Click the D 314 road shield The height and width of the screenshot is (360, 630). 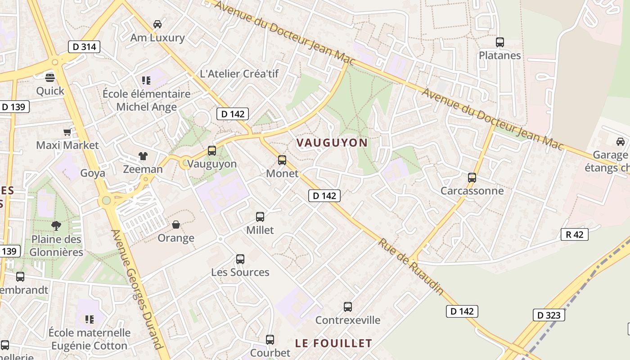pos(84,46)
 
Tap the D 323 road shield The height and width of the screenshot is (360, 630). pos(549,315)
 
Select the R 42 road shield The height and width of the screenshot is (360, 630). pos(575,234)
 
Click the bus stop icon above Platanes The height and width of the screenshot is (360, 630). pos(499,42)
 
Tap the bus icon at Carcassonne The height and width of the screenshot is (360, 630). pos(472,177)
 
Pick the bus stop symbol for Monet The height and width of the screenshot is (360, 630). pos(282,160)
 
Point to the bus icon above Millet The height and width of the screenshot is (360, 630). pos(260,216)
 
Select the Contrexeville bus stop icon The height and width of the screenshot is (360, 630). pos(348,307)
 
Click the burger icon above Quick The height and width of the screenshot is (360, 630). pos(50,77)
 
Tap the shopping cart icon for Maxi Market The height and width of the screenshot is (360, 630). pos(67,132)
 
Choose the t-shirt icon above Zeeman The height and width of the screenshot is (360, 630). pos(143,156)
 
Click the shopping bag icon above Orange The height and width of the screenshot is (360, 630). pos(176,224)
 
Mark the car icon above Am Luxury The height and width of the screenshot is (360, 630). pos(157,24)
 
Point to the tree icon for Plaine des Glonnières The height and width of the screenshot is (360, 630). pos(56,225)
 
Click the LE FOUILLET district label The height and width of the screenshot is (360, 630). pos(333,343)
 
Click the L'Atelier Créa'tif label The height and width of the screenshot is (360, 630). pos(239,74)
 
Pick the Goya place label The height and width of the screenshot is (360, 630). pos(93,173)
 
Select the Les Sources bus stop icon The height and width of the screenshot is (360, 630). pos(240,259)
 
